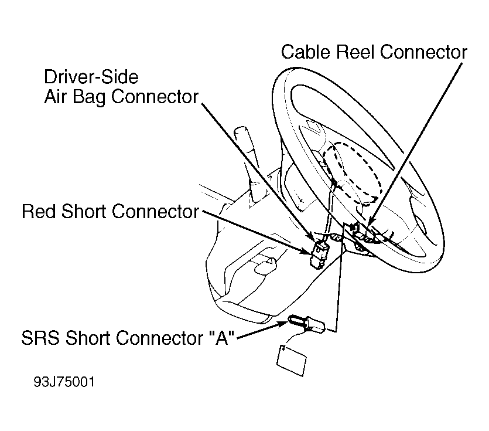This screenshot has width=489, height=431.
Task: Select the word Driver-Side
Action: coord(91,77)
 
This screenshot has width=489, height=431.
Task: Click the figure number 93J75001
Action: coord(64,382)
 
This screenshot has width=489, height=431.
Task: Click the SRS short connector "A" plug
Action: coord(306,323)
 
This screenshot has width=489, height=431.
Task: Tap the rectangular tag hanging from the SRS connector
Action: coord(292,360)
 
